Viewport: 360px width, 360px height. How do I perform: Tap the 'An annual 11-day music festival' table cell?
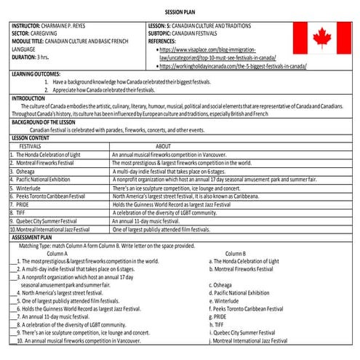[154, 220]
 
